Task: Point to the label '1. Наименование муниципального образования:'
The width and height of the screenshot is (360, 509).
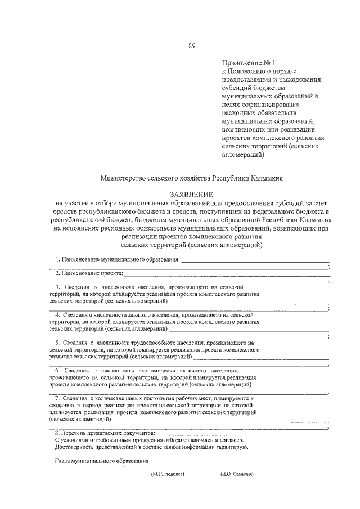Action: (x=117, y=259)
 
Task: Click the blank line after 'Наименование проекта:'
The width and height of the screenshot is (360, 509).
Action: (x=225, y=274)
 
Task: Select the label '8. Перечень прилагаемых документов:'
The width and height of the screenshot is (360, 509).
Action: (x=104, y=433)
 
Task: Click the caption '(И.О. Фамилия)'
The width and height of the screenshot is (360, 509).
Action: (x=237, y=474)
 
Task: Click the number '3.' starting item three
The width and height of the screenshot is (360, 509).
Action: (x=57, y=286)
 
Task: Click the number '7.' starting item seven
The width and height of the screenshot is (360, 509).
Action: (x=57, y=398)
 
